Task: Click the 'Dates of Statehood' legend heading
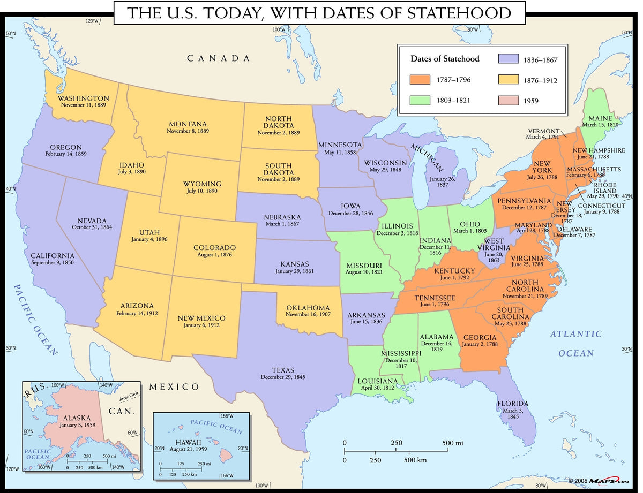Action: [445, 59]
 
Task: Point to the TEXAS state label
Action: [282, 369]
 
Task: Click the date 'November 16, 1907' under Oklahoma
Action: [308, 315]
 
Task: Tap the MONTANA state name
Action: [188, 124]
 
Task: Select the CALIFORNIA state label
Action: [53, 256]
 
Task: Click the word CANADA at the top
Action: [218, 58]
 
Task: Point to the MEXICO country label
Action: [174, 386]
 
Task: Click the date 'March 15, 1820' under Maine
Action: [600, 125]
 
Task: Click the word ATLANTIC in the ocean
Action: [576, 334]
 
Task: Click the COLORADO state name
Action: [214, 248]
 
